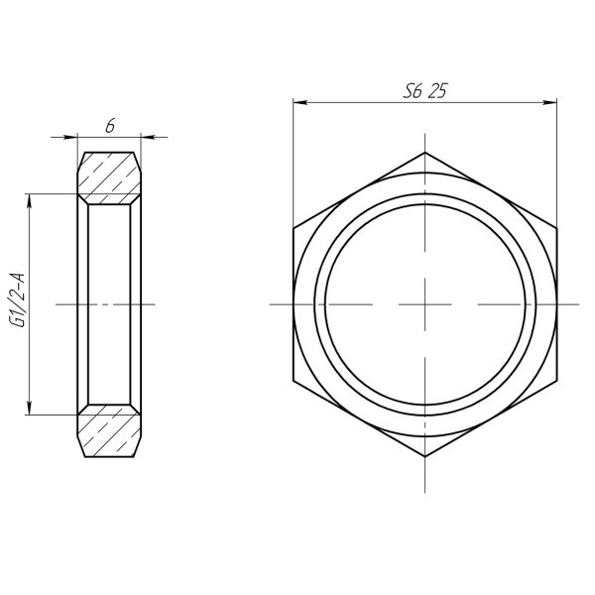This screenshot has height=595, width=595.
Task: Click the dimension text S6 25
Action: tap(424, 89)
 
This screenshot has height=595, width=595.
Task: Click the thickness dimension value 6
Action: tap(110, 125)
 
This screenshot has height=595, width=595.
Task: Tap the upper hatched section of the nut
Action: tap(110, 175)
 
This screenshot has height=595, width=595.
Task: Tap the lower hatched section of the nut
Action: tap(110, 431)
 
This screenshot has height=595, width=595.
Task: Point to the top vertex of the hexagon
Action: tap(424, 153)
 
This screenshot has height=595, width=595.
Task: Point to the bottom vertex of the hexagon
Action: tap(424, 456)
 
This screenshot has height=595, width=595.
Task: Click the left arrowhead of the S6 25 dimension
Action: tap(298, 102)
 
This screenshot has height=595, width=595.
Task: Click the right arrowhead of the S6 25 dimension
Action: tap(549, 102)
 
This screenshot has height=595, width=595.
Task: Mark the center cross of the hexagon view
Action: tap(424, 303)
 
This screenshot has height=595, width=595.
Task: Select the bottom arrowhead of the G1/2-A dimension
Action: tap(32, 409)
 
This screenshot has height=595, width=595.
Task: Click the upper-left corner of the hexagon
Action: tap(294, 228)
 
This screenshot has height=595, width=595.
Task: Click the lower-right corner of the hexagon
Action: tap(555, 380)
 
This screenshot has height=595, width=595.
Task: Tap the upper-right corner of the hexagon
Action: tap(555, 228)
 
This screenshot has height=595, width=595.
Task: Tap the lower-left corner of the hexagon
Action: tap(294, 380)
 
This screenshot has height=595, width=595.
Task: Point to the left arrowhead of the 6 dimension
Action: tap(82, 137)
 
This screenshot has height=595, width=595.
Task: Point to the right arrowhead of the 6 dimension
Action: tap(138, 137)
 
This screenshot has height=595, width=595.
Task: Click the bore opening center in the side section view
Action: tap(110, 303)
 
